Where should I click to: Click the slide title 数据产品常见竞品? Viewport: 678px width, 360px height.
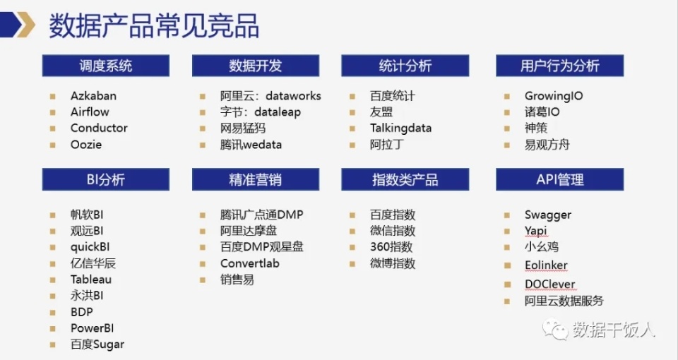pyautogui.click(x=153, y=25)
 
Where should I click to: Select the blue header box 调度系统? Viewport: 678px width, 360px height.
pyautogui.click(x=105, y=66)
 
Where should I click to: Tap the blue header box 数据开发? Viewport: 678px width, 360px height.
pyautogui.click(x=255, y=66)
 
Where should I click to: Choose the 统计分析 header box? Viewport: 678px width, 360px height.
pyautogui.click(x=405, y=66)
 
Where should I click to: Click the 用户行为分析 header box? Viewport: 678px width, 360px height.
pyautogui.click(x=559, y=66)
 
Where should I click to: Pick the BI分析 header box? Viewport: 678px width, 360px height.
pyautogui.click(x=105, y=179)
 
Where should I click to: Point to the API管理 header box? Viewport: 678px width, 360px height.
pyautogui.click(x=559, y=179)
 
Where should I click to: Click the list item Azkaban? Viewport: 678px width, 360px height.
pyautogui.click(x=93, y=96)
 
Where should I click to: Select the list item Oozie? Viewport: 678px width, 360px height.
pyautogui.click(x=86, y=145)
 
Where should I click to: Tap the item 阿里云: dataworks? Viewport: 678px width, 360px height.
pyautogui.click(x=270, y=96)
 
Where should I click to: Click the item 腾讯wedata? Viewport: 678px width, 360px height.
pyautogui.click(x=251, y=145)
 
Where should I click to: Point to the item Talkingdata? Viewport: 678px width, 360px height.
pyautogui.click(x=400, y=128)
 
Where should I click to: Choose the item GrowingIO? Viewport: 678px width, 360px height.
pyautogui.click(x=554, y=96)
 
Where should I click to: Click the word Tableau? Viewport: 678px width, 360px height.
pyautogui.click(x=91, y=280)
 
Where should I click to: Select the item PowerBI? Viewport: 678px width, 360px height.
pyautogui.click(x=92, y=328)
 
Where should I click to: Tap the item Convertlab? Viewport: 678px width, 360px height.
pyautogui.click(x=249, y=263)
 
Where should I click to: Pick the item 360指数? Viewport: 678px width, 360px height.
pyautogui.click(x=391, y=247)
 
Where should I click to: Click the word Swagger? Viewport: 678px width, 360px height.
pyautogui.click(x=548, y=215)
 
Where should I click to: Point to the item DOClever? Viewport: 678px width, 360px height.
pyautogui.click(x=549, y=284)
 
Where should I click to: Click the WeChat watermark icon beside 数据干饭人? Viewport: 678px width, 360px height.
pyautogui.click(x=556, y=329)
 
